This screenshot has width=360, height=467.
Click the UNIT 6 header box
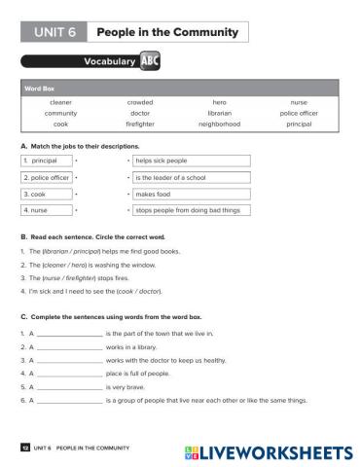(54, 32)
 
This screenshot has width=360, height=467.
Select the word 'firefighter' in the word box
(140, 125)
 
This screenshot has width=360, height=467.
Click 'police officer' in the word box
(298, 113)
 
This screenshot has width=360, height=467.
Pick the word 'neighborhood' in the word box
(219, 125)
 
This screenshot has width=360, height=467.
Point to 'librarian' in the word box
(219, 113)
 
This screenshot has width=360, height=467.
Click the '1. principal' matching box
(45, 160)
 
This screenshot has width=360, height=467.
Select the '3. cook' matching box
(45, 193)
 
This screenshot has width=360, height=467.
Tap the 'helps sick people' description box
(192, 160)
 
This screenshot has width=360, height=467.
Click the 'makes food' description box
(192, 193)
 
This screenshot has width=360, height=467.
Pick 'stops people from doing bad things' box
(192, 209)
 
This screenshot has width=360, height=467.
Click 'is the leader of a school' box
(192, 176)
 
